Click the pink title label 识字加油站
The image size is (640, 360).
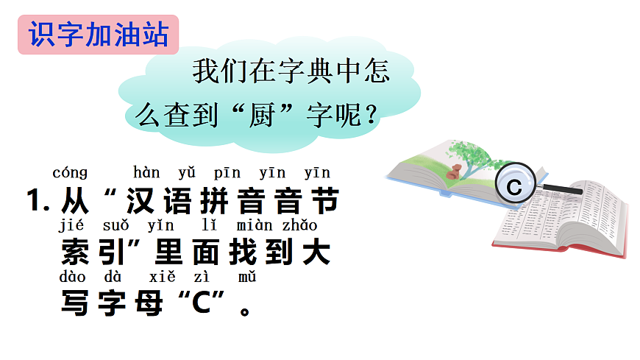98,35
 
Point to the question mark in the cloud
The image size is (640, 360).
371,116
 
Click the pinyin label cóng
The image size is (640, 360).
70,173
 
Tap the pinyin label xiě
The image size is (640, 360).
162,278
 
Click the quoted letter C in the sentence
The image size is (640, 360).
200,304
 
